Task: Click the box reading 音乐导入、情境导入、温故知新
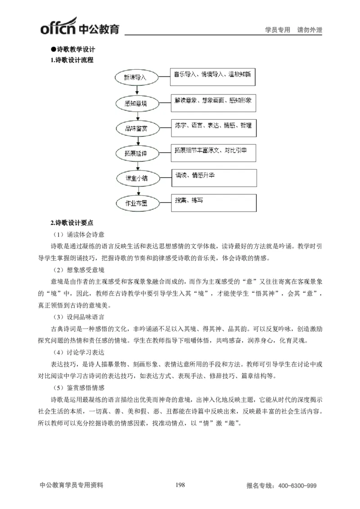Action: pyautogui.click(x=212, y=77)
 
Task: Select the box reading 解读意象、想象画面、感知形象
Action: pyautogui.click(x=212, y=102)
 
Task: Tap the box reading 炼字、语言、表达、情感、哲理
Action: pyautogui.click(x=212, y=127)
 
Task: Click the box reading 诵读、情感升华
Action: pyautogui.click(x=213, y=177)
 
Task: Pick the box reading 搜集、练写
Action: pyautogui.click(x=213, y=202)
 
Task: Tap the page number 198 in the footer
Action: pyautogui.click(x=180, y=485)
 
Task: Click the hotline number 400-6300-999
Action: pyautogui.click(x=297, y=486)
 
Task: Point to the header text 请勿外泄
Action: pyautogui.click(x=310, y=30)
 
